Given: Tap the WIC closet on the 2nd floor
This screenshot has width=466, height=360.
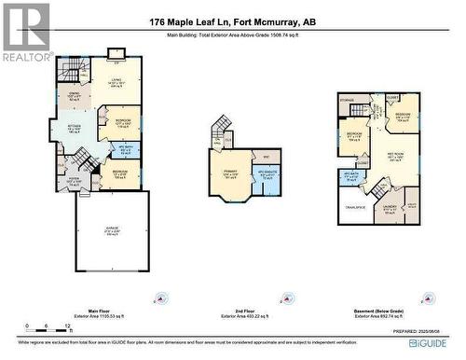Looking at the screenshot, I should coord(265,156).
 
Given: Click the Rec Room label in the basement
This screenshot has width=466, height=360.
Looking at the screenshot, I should coord(396,157).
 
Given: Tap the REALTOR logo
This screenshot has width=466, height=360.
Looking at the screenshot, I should coord(26,33).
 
